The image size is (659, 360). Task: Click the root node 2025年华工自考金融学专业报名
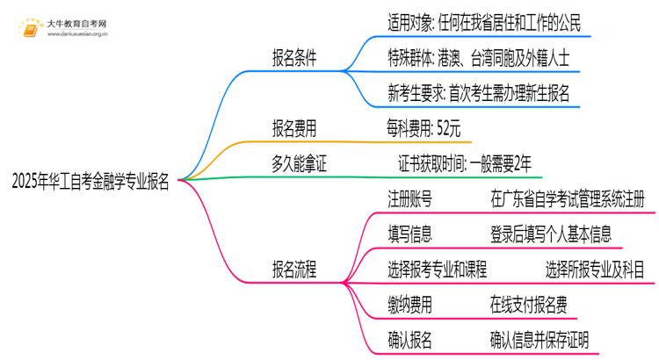click(x=91, y=182)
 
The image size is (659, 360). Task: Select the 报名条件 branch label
click(x=295, y=58)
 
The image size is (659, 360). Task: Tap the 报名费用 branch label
click(x=295, y=128)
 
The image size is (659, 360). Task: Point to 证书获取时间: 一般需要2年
click(x=465, y=163)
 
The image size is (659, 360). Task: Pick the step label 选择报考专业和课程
click(x=438, y=269)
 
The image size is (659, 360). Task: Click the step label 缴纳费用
click(x=409, y=304)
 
